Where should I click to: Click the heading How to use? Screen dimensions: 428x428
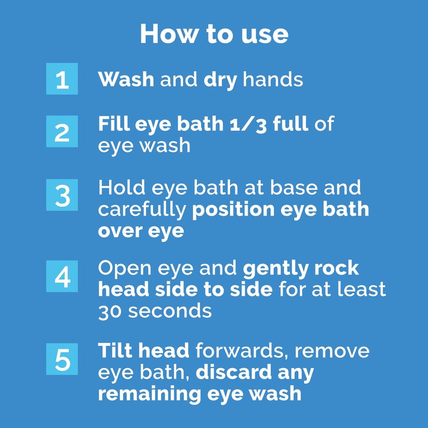(214, 34)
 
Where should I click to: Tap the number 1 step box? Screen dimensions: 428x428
(62, 79)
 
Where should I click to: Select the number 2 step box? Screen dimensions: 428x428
(62, 132)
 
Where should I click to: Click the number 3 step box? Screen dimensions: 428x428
(62, 196)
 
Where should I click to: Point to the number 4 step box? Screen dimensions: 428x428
(62, 277)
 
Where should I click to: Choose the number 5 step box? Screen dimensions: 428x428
(62, 359)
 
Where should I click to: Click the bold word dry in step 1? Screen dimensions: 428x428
(220, 80)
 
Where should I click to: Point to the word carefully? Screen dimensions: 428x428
(142, 210)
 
